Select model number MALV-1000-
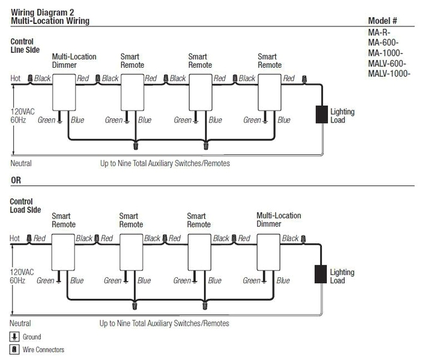[x=389, y=74]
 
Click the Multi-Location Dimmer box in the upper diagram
[x=62, y=93]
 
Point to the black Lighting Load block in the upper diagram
[x=322, y=115]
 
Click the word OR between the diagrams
[x=16, y=179]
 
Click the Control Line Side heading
[x=25, y=46]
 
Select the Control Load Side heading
[x=26, y=206]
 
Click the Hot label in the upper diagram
[x=16, y=79]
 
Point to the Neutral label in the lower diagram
[x=21, y=323]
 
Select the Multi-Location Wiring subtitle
[x=50, y=21]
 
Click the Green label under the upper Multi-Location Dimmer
[x=46, y=120]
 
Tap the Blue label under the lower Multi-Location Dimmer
[x=283, y=281]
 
